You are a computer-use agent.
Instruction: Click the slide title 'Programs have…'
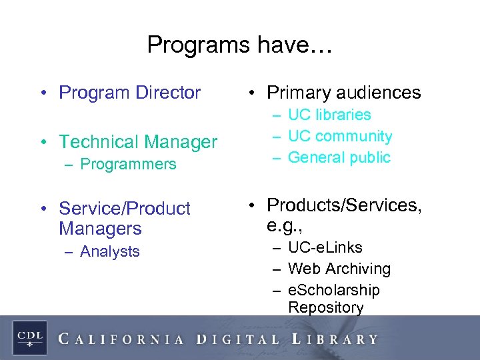[239, 45]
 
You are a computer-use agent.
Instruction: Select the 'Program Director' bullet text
[129, 93]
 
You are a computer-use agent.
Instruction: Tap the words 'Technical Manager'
[138, 142]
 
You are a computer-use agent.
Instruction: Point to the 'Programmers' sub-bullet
[128, 164]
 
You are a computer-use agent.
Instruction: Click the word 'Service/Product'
[125, 209]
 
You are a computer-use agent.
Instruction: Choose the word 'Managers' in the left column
[100, 229]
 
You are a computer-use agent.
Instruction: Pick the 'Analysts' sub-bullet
[109, 251]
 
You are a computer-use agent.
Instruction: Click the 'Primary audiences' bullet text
[344, 93]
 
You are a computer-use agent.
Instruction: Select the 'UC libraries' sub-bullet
[329, 115]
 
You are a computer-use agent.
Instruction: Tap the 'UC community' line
[340, 136]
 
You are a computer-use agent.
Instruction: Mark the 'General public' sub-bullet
[339, 157]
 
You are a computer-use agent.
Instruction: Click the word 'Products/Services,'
[344, 205]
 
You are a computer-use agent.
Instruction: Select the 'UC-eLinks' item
[325, 247]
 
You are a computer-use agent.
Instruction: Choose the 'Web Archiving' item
[339, 269]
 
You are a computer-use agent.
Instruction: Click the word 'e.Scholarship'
[333, 290]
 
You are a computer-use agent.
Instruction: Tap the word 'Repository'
[325, 307]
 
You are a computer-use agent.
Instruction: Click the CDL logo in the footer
[30, 337]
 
